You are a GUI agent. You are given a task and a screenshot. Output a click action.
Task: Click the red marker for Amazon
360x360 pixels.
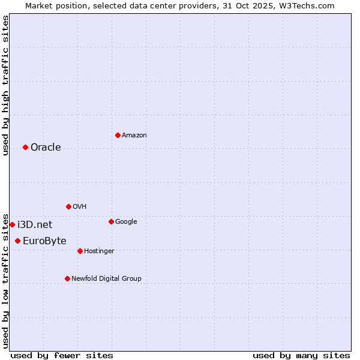[118, 135]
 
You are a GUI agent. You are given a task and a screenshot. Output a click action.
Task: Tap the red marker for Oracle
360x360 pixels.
[25, 147]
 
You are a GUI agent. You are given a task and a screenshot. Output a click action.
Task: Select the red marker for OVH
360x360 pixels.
[68, 206]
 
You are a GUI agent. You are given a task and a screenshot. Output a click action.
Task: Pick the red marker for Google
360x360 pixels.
[111, 221]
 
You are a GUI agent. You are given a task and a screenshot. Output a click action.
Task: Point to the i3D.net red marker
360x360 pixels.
[12, 224]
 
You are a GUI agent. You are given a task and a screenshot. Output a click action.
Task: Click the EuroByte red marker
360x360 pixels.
[17, 241]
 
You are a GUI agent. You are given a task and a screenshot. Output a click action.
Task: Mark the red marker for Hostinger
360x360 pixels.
[80, 251]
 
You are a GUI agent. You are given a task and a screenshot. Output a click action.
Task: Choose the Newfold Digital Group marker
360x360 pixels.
[67, 278]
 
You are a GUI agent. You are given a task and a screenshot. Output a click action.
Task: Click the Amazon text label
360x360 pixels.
[134, 136]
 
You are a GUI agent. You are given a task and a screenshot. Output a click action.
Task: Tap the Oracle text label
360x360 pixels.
[46, 148]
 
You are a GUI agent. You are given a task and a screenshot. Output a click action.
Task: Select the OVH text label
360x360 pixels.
[80, 207]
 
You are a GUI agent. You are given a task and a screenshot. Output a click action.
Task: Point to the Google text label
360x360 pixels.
[126, 222]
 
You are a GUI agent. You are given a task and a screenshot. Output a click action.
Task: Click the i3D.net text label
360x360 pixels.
[35, 225]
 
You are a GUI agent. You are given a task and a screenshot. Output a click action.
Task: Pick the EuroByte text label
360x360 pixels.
[44, 241]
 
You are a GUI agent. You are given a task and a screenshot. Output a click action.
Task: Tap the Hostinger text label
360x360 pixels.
[99, 251]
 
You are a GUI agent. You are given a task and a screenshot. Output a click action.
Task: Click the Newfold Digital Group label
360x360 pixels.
[106, 279]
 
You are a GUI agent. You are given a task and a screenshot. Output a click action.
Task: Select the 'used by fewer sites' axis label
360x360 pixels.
[62, 355]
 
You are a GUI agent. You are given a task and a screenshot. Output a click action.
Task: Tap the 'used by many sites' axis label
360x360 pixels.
[301, 355]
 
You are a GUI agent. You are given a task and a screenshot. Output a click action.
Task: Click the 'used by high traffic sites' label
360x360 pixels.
[5, 85]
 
